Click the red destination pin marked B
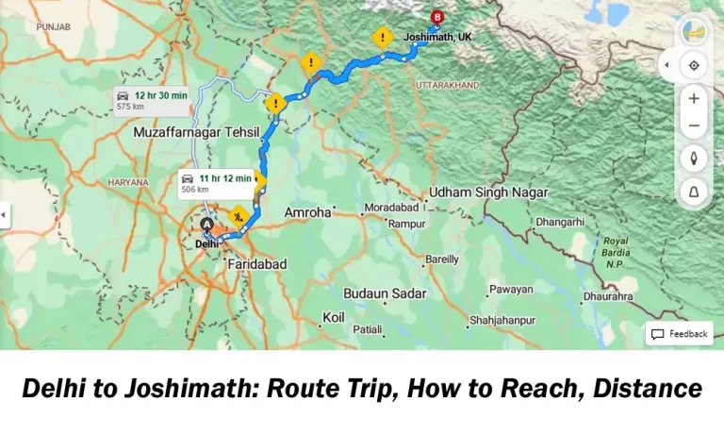click(x=437, y=17)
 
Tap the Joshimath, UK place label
click(x=436, y=37)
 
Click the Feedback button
click(x=679, y=334)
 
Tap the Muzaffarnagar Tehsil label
click(x=189, y=133)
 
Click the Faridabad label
click(x=256, y=265)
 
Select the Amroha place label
click(x=307, y=213)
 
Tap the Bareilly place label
click(x=442, y=259)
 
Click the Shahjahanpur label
click(x=502, y=320)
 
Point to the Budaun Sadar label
click(x=385, y=293)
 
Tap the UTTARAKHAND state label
click(x=448, y=85)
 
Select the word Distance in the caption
click(x=648, y=388)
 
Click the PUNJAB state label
click(x=53, y=27)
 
